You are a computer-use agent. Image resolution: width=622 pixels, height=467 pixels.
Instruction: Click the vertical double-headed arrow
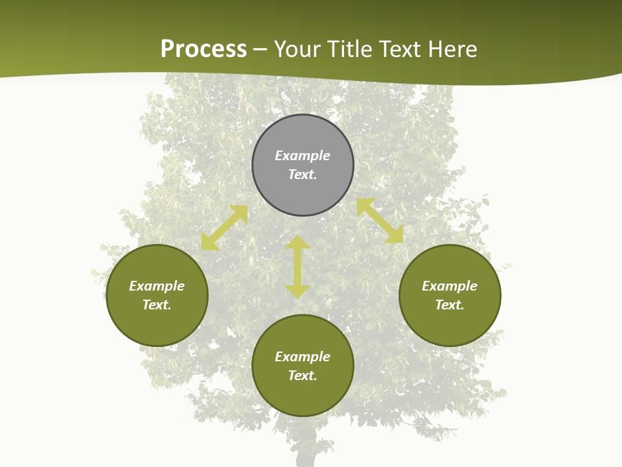[297, 267]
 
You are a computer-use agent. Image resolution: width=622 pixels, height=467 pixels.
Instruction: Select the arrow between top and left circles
[225, 228]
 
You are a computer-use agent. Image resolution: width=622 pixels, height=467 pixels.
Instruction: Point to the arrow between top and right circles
[380, 221]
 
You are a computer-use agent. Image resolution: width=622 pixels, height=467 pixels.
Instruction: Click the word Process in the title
[203, 49]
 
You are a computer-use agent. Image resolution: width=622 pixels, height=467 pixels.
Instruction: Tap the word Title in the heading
[349, 49]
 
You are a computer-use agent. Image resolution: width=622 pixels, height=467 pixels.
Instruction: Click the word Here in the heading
[453, 49]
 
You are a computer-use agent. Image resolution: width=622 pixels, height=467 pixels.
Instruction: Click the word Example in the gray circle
[303, 156]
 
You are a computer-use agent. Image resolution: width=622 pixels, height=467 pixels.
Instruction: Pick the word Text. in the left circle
[157, 305]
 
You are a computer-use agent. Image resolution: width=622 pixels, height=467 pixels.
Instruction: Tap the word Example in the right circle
[450, 286]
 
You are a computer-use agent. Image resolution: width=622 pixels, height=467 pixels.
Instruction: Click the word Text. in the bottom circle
[303, 376]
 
